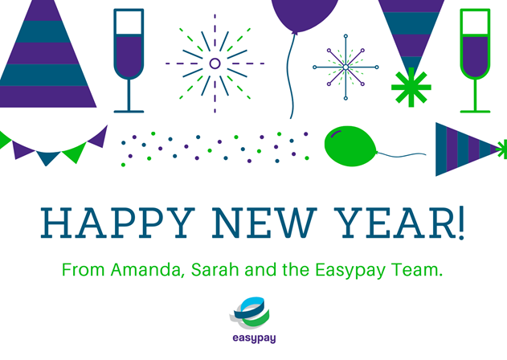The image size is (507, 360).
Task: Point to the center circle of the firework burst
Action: pyautogui.click(x=215, y=63)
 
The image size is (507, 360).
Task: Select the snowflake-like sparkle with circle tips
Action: pyautogui.click(x=345, y=67)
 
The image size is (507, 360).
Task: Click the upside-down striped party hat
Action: pyautogui.click(x=411, y=28)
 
